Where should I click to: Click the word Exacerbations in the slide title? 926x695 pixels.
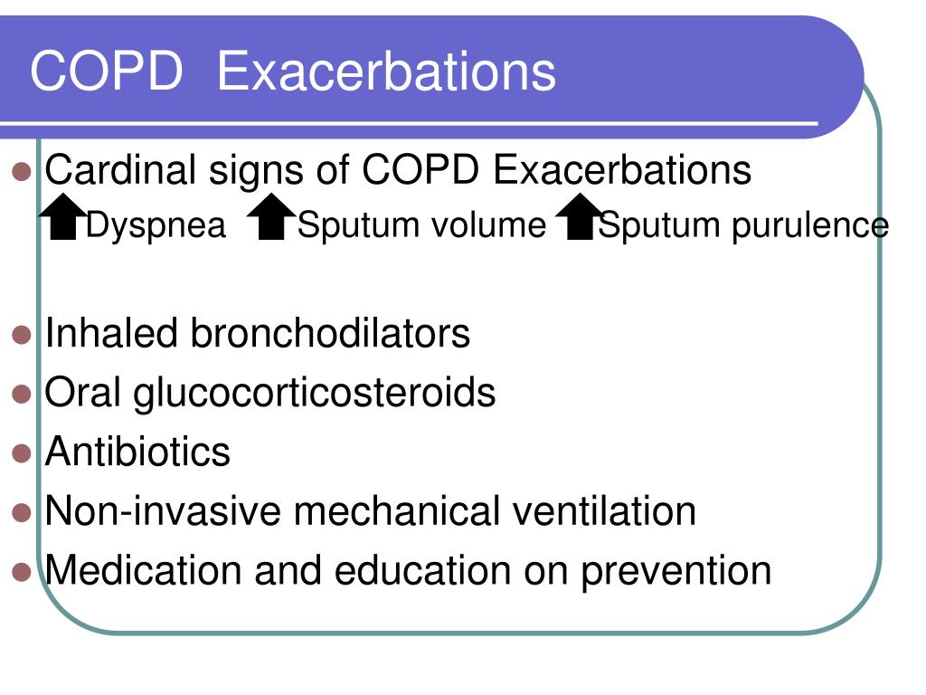(386, 71)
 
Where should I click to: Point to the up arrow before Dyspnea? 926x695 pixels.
(63, 217)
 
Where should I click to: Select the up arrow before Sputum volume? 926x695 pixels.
(272, 218)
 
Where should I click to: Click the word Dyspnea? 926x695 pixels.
(156, 225)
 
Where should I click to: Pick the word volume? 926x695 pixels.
(487, 225)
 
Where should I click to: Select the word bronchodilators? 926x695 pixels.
(330, 333)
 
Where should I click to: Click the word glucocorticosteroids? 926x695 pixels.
(315, 393)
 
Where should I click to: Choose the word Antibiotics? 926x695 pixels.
(138, 452)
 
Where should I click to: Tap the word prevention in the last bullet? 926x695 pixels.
(676, 571)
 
